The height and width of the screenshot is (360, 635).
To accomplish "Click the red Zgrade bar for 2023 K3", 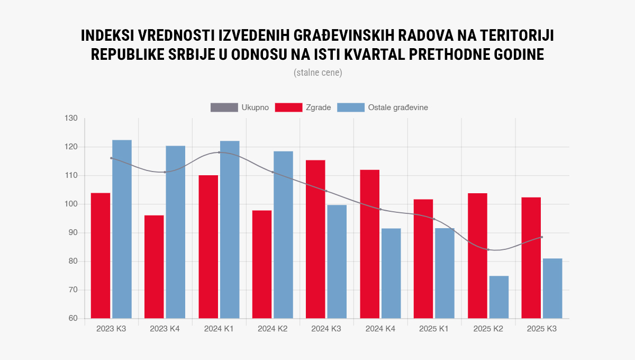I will tap(101, 256).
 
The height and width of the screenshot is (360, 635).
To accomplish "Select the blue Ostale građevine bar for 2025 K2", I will tap(498, 297).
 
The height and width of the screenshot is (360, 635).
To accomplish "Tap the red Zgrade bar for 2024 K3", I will tap(316, 239).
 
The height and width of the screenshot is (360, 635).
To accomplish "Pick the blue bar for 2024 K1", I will tap(230, 230).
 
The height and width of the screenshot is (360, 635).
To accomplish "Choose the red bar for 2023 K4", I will tap(154, 267).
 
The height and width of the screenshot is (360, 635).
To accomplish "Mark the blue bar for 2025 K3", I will tap(552, 289).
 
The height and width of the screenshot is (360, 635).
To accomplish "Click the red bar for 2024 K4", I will tap(369, 244).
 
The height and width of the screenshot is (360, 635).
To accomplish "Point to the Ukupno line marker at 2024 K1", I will tap(219, 152).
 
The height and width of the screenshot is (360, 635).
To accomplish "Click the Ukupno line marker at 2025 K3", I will tap(542, 237).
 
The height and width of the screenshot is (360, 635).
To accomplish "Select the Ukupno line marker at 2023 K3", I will tap(111, 158).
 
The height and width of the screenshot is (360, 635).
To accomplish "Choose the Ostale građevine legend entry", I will tap(383, 107).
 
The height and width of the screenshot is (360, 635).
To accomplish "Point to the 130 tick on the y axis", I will tap(71, 118).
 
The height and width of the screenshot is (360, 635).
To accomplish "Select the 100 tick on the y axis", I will tap(71, 204).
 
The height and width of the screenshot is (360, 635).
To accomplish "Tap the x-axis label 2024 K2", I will tap(273, 329).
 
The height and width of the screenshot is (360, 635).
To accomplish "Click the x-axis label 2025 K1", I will tap(434, 329).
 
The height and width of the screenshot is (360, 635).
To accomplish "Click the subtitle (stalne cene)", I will tap(317, 73).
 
